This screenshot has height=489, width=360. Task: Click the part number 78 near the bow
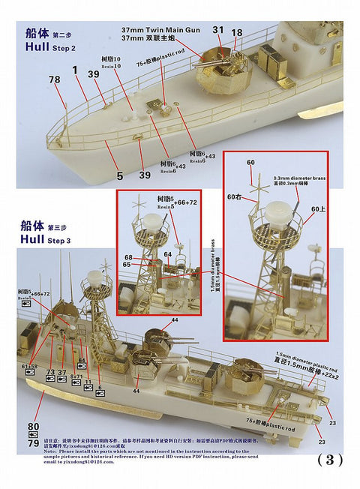click(x=54, y=79)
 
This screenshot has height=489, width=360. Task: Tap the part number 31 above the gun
click(x=217, y=30)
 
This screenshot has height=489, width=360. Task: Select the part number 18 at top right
click(x=237, y=33)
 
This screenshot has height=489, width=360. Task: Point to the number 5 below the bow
click(x=119, y=176)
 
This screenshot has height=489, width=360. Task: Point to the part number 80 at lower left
click(x=32, y=427)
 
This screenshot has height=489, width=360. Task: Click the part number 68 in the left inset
click(x=129, y=257)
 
